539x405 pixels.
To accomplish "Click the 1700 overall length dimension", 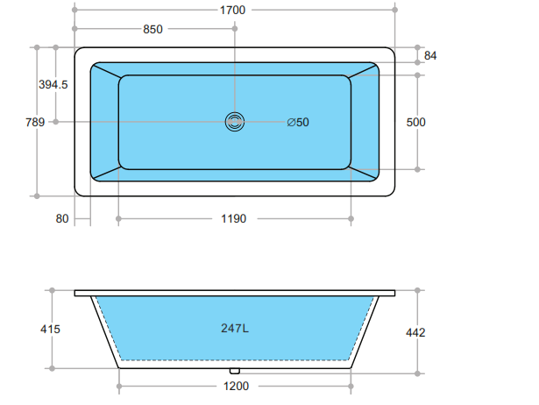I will click(x=234, y=10).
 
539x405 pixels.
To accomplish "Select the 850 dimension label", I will click(x=152, y=29).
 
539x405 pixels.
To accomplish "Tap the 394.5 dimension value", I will click(x=53, y=84).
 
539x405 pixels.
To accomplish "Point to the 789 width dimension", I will click(x=20, y=122).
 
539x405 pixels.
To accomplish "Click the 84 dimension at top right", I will click(x=430, y=55).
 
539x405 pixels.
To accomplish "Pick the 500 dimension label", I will click(x=415, y=122).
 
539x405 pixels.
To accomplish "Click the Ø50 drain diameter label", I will click(x=298, y=122).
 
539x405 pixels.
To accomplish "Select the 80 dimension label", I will click(x=61, y=218).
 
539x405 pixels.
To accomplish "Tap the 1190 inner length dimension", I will click(x=233, y=218).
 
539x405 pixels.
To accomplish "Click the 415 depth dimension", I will click(x=50, y=329).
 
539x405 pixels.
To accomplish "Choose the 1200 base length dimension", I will click(x=235, y=387).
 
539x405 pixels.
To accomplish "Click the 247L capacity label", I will click(x=234, y=329).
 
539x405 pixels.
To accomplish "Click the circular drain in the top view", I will click(x=235, y=122).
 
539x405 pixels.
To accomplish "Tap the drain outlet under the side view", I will click(x=235, y=370).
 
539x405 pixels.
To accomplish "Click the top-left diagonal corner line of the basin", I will click(x=105, y=69).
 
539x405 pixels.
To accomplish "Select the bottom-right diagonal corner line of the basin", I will click(x=364, y=174).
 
